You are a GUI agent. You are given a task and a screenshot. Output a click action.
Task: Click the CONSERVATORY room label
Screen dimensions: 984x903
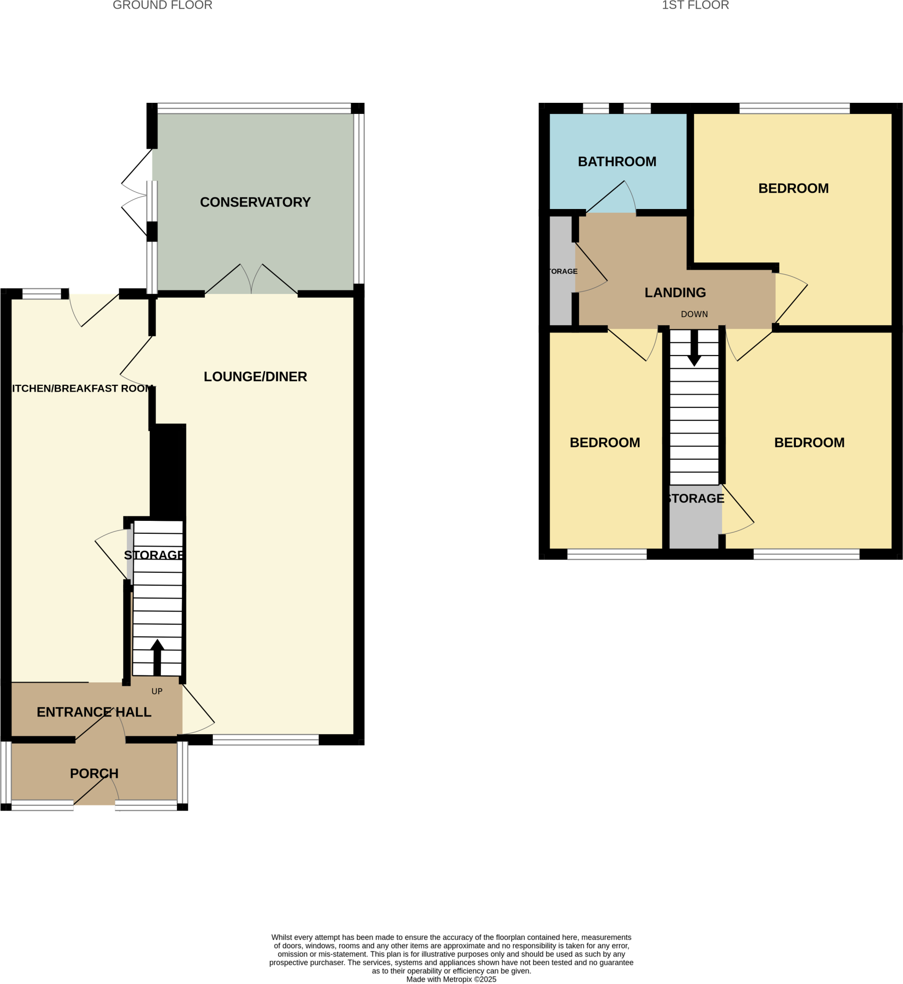255,202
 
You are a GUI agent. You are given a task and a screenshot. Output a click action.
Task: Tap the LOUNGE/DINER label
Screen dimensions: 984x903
255,377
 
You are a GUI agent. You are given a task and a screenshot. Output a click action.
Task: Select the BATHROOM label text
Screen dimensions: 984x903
617,162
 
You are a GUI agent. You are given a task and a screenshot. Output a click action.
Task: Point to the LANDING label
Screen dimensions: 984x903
675,293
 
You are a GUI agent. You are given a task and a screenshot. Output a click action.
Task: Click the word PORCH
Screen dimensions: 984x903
94,774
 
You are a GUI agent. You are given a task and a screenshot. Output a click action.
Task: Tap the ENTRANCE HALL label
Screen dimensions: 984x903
94,712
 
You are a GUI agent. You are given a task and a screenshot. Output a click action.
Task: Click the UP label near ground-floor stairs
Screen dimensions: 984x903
157,691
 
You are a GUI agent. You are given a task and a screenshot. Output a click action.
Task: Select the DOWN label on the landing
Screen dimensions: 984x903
694,314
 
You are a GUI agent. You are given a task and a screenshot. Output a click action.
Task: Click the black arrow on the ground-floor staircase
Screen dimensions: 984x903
157,657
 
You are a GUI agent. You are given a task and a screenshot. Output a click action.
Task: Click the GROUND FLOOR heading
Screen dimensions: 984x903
162,5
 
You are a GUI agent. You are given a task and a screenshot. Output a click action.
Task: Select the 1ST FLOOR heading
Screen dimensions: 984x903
695,5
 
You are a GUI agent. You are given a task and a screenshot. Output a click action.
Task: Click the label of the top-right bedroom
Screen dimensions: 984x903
793,189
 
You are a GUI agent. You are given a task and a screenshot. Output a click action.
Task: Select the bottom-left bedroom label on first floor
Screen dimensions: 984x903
605,443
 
